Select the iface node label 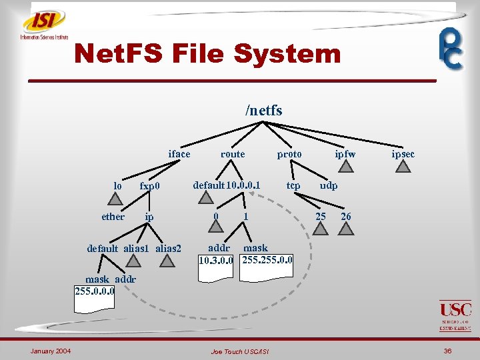click(x=179, y=154)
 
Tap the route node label click(x=233, y=154)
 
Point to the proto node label click(x=289, y=154)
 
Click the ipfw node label click(x=345, y=154)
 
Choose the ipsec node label click(x=403, y=154)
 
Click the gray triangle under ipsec click(x=403, y=167)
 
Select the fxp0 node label click(x=150, y=185)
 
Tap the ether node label click(x=113, y=217)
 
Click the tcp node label click(x=293, y=185)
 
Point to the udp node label click(x=329, y=185)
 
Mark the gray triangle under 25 click(x=321, y=229)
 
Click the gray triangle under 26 click(x=346, y=229)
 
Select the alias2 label click(x=168, y=249)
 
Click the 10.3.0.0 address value click(x=216, y=259)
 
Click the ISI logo click(x=44, y=25)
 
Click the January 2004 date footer click(x=51, y=351)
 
